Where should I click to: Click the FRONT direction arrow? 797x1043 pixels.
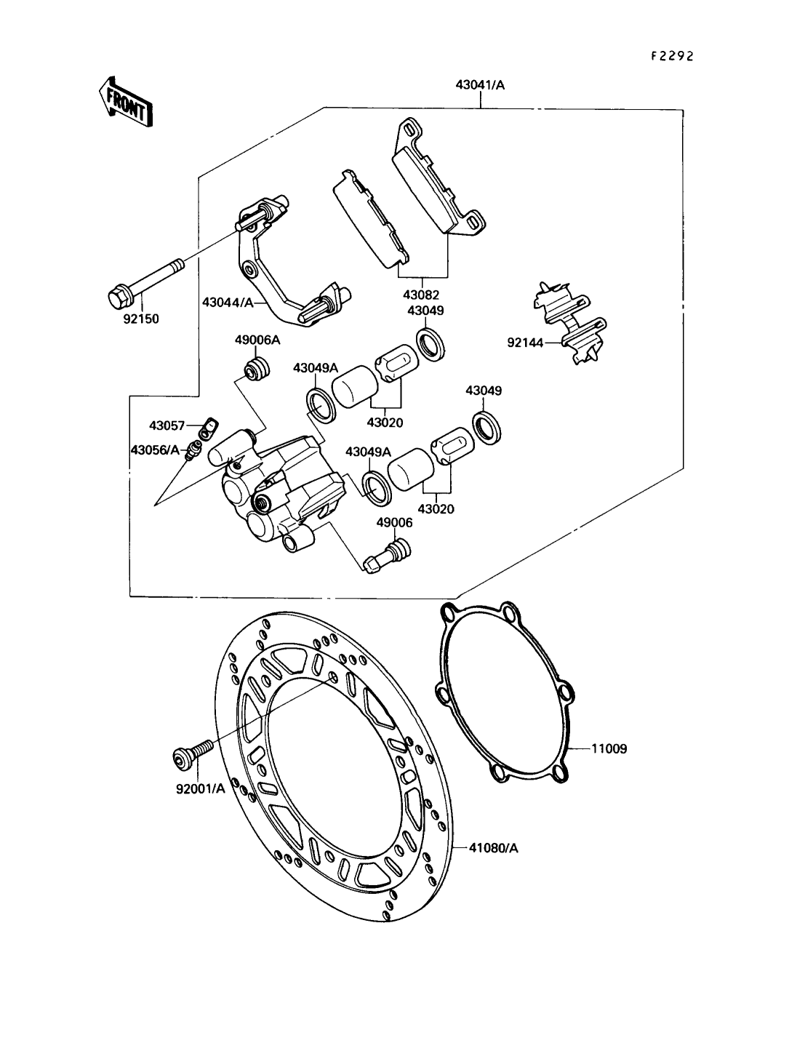pos(125,102)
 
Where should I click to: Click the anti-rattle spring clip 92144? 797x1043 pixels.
pos(572,321)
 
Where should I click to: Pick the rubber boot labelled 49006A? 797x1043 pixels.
pos(255,369)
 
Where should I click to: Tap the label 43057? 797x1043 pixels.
pos(167,425)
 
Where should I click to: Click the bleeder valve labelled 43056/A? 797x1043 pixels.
pos(193,450)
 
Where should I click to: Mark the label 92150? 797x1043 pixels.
pos(140,319)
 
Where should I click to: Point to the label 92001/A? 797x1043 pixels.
pos(200,788)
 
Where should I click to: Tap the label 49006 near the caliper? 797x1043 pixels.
pos(394,522)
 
